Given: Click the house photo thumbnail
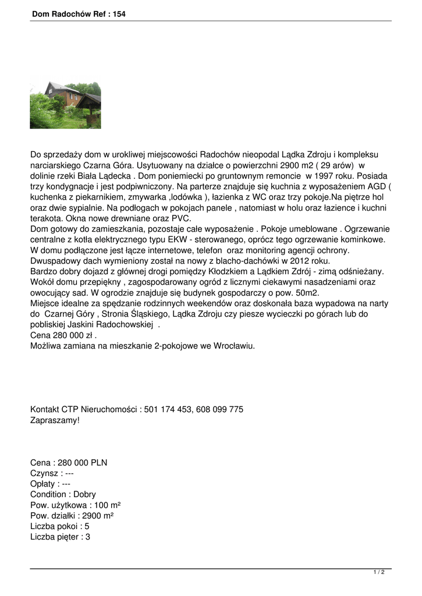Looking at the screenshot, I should [65, 105].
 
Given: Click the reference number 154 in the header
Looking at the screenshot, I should [118, 14].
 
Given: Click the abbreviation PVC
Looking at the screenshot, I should [182, 218].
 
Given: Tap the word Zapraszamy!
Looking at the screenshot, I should [55, 420].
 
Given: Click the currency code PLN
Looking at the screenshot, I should [97, 463].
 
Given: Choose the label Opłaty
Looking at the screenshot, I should [44, 484].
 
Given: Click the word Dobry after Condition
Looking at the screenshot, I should [84, 494].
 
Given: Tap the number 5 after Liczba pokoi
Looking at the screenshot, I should [87, 526].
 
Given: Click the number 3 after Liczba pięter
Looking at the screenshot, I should [88, 537].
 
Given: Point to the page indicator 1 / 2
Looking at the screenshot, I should [379, 573].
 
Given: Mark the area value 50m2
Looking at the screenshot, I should [306, 293].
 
